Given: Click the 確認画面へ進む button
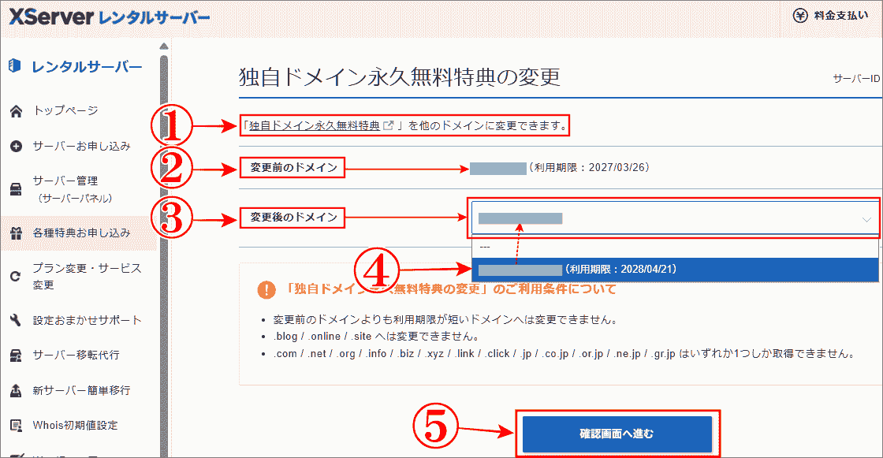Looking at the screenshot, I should (617, 434).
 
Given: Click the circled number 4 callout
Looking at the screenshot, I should (377, 270).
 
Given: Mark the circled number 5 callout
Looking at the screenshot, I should (434, 430).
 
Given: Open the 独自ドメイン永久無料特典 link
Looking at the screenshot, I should (314, 126).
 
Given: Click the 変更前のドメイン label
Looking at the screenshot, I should (293, 168).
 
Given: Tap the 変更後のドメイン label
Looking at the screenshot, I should (293, 217).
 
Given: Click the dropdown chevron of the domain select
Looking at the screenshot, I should (866, 219).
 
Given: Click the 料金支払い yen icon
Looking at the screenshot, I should (799, 15).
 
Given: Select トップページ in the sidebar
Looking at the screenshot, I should (65, 110).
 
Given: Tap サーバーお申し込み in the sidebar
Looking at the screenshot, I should (81, 146).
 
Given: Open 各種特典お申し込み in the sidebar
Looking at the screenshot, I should (81, 233).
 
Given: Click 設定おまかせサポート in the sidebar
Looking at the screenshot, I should (87, 320).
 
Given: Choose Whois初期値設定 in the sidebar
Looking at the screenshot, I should (75, 425).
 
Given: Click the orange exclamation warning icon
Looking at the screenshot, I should (266, 289).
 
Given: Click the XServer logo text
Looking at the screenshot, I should (51, 17).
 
